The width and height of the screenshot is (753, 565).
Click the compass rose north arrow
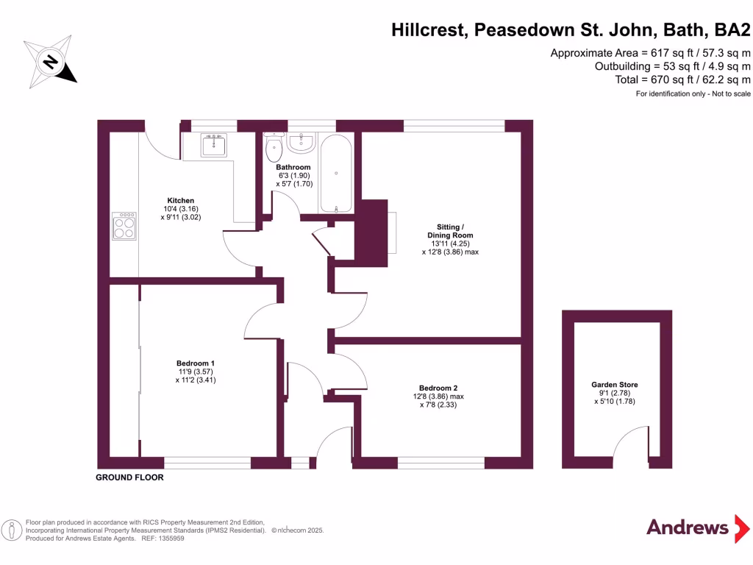[x=51, y=62]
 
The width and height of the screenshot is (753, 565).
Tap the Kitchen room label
[x=181, y=200]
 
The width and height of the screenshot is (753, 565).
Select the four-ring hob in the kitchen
[x=124, y=225]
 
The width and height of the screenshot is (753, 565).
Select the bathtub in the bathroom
[x=336, y=173]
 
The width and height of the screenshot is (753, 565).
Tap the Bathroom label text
[x=293, y=168]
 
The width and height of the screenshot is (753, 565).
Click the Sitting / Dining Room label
[x=450, y=230]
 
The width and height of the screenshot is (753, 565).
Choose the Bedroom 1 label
[x=196, y=363]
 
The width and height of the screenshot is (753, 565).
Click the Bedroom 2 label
[x=438, y=388]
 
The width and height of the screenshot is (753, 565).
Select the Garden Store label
[x=615, y=385]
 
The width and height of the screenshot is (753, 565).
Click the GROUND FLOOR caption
[x=129, y=477]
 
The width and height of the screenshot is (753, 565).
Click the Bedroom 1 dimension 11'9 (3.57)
[x=196, y=372]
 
